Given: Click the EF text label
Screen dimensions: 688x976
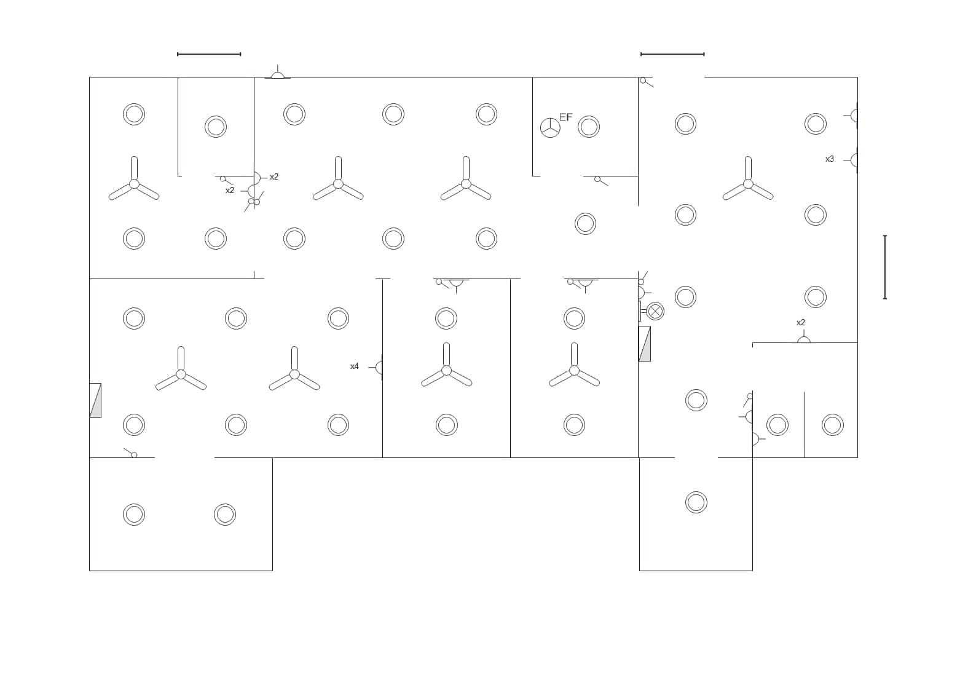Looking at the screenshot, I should (x=565, y=117).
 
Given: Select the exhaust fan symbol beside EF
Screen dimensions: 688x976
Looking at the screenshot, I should (x=550, y=128).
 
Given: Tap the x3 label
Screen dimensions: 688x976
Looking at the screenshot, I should (x=829, y=159).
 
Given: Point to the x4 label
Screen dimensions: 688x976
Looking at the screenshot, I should (x=354, y=366).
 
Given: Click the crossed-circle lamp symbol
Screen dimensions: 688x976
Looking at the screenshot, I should (x=656, y=311).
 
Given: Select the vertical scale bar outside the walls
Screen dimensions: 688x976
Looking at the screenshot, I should (x=884, y=267).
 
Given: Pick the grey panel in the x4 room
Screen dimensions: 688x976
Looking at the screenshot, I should (x=95, y=400).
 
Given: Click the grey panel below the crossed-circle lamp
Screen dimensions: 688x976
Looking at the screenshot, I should (x=645, y=344).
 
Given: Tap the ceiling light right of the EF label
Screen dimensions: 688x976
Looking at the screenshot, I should (x=589, y=127).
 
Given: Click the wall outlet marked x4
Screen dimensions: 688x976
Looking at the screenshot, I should (x=379, y=368).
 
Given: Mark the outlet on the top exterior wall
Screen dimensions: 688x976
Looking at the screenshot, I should (x=278, y=74).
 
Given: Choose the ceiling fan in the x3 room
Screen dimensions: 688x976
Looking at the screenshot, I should (x=748, y=183).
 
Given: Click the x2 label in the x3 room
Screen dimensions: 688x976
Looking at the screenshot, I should (x=800, y=323).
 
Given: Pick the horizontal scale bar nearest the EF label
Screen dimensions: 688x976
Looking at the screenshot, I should (x=672, y=54).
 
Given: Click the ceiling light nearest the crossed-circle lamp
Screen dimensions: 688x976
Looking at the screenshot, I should (x=685, y=297).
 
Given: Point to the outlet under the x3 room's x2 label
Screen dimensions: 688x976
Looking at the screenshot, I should (x=803, y=339).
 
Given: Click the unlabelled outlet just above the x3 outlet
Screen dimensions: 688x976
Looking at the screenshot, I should (x=853, y=115).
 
